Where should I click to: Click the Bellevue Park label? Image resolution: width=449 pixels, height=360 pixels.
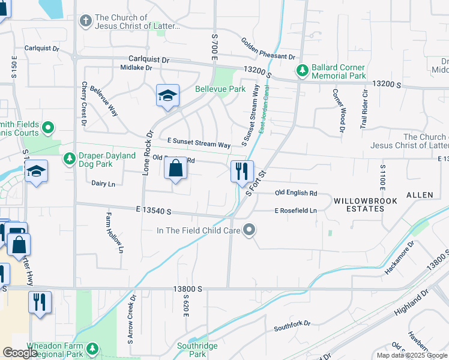point(220,89)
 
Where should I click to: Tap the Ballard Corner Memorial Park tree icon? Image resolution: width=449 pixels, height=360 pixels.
point(303,71)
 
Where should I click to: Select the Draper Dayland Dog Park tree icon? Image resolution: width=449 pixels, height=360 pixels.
point(70,159)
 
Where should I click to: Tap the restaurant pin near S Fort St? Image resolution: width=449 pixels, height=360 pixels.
point(241,171)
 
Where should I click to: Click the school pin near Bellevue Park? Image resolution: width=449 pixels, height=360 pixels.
point(167,95)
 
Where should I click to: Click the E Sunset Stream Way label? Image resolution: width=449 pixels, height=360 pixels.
point(199,145)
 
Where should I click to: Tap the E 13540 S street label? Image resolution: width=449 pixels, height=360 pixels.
point(154,211)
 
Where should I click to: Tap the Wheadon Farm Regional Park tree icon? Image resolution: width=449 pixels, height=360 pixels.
point(92,348)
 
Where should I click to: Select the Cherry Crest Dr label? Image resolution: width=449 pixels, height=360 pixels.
point(84,104)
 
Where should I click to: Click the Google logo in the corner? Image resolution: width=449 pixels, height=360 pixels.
point(20,353)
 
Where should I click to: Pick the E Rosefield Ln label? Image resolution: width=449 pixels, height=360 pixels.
point(295,211)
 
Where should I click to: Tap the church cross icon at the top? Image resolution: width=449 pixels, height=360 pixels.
point(86,21)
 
